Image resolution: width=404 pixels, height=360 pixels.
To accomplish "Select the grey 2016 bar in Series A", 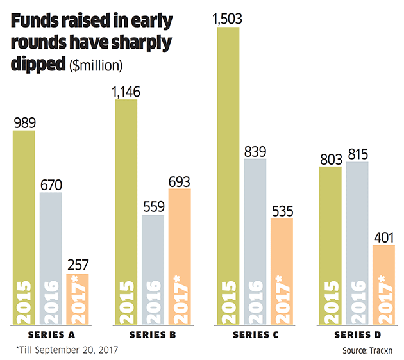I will pos(51,256).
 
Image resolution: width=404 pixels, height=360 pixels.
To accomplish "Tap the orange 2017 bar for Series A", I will pos(78,298).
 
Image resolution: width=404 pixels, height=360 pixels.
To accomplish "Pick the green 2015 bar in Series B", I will pos(126,211).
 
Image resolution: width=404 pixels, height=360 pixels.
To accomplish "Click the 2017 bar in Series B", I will pos(180,256).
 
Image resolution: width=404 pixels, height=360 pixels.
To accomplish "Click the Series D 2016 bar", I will pos(357,243).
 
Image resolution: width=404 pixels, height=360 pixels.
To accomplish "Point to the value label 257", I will pos(78,265).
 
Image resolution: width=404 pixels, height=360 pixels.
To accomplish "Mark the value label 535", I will pos(282,209).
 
